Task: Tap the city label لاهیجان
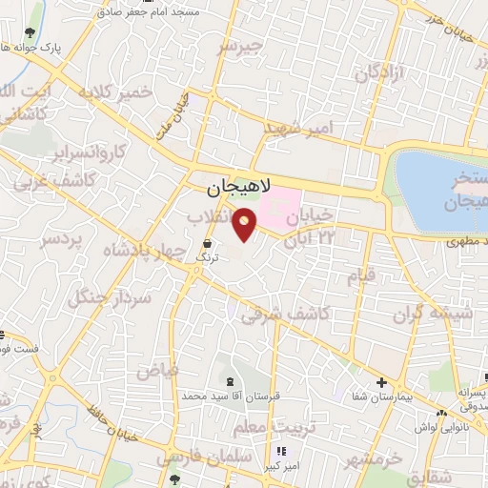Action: tap(239, 189)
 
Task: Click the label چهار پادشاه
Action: tap(118, 251)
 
